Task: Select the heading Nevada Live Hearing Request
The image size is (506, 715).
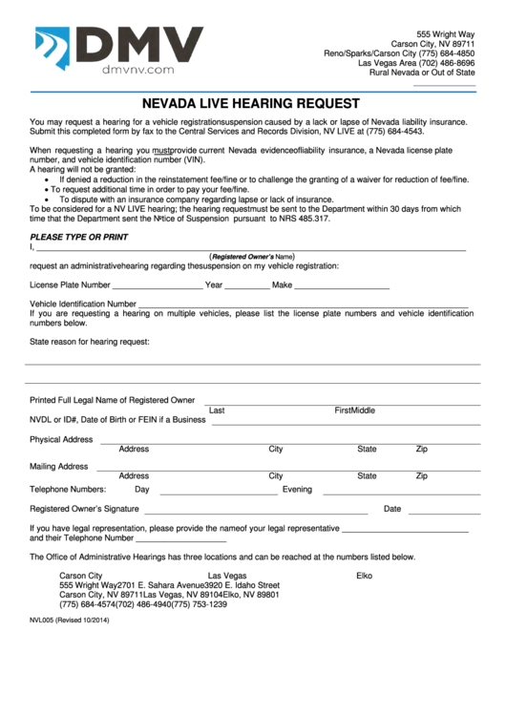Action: (x=251, y=103)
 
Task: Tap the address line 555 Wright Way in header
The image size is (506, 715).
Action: (x=453, y=34)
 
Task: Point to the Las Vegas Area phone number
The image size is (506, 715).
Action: (x=416, y=62)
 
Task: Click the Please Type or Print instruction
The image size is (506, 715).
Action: (x=78, y=237)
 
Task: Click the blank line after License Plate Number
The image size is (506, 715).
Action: (x=158, y=287)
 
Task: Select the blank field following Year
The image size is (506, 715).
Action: (x=247, y=287)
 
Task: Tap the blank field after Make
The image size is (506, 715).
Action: (x=342, y=287)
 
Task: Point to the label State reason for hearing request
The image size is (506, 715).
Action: (x=90, y=341)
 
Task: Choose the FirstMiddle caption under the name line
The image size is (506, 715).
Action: (x=354, y=410)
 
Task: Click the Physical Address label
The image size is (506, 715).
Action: (x=61, y=440)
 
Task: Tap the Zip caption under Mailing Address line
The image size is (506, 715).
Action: (x=421, y=475)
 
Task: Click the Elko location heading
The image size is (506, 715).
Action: (x=364, y=576)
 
